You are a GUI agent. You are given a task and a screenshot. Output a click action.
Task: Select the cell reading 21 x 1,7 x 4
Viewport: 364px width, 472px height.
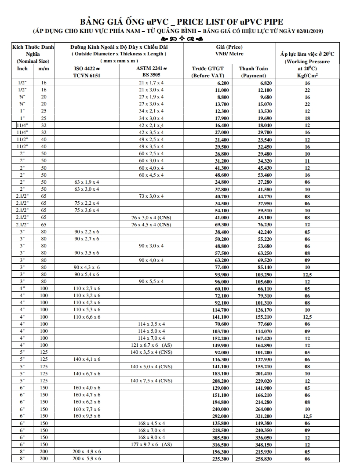[151, 83]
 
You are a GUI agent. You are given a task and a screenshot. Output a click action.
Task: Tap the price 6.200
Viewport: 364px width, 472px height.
[223, 83]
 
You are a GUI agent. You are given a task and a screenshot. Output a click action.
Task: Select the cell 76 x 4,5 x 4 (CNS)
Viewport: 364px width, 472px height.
[151, 225]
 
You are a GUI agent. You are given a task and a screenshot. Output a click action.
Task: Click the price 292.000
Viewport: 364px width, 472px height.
[221, 416]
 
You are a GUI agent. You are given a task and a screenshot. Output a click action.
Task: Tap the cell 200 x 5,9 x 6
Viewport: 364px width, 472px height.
[87, 459]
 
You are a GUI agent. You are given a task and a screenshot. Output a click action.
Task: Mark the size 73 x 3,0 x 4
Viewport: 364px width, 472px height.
[151, 196]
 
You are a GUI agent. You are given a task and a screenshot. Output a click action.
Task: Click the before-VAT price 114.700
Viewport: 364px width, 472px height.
[221, 310]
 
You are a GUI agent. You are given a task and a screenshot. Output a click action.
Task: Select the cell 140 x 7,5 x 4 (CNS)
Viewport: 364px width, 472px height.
[151, 381]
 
